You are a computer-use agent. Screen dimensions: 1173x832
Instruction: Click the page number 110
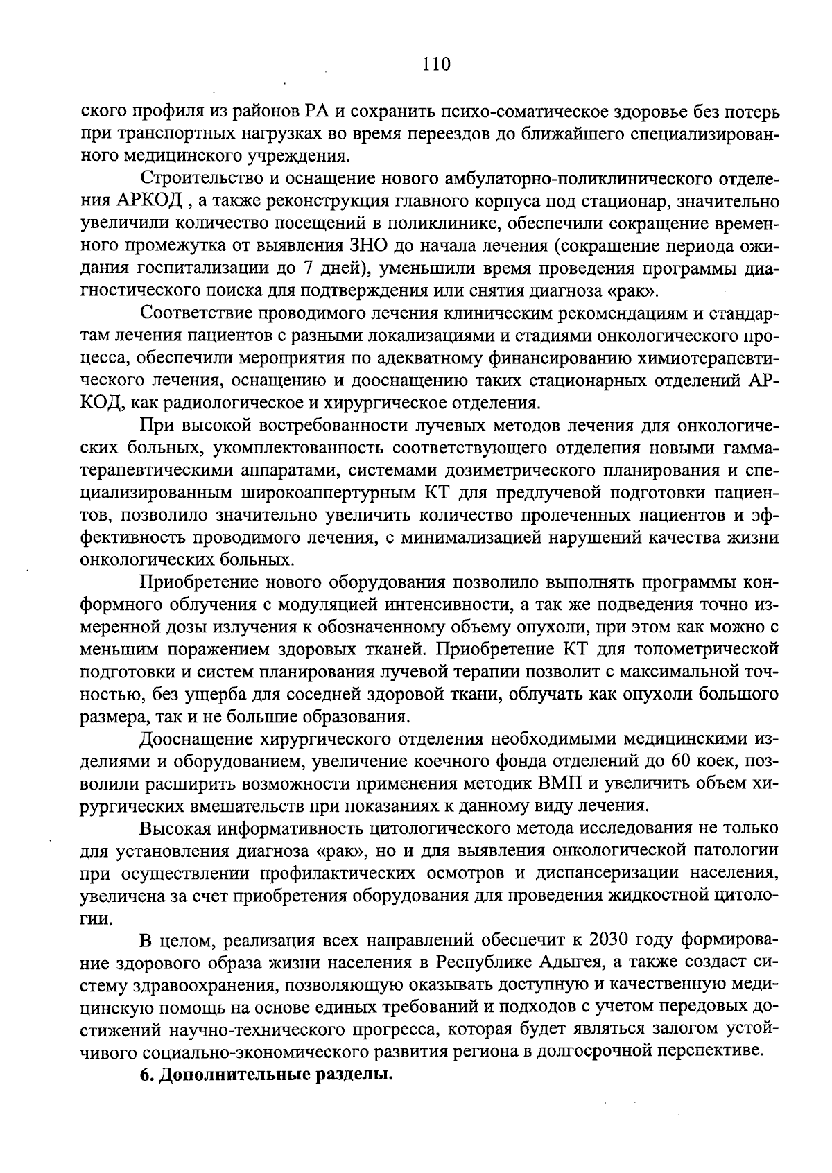coord(436,64)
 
